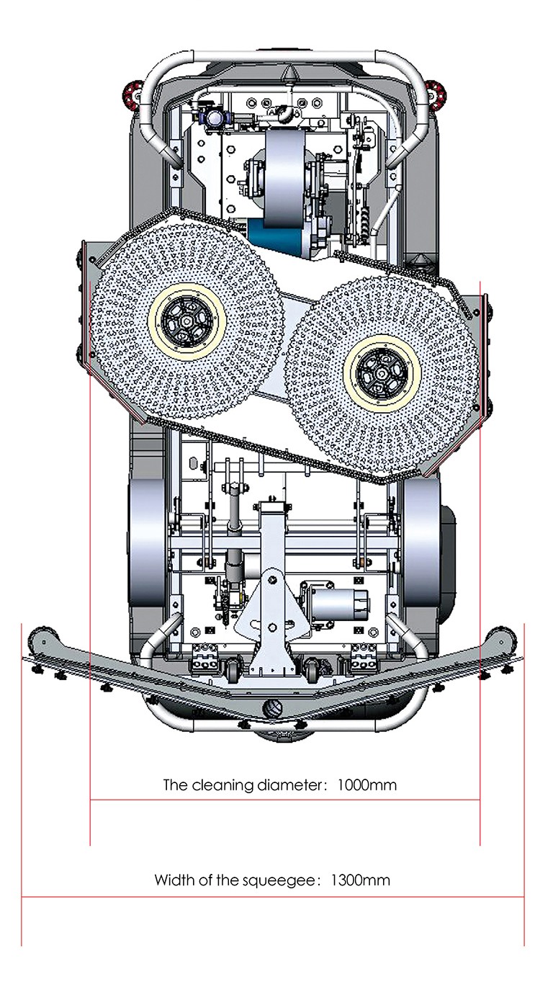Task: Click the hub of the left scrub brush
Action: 187,321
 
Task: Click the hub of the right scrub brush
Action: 382,375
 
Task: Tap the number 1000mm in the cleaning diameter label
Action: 367,785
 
